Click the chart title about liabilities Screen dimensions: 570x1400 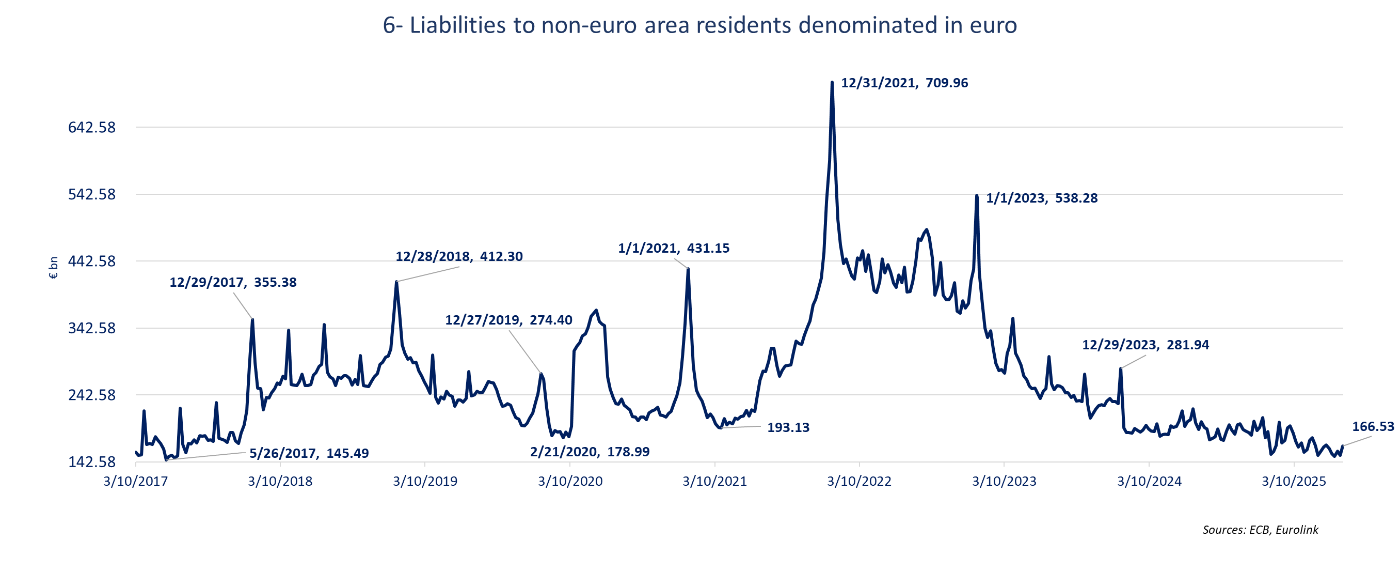pos(699,25)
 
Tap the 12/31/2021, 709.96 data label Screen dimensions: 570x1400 pos(904,83)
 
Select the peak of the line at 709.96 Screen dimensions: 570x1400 pos(832,83)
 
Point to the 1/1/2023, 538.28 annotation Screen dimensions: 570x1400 pos(1041,198)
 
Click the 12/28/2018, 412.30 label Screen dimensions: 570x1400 pos(459,257)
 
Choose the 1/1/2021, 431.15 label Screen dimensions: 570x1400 pos(673,249)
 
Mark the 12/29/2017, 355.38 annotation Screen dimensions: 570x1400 pos(233,283)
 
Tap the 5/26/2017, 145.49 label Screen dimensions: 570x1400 pos(309,454)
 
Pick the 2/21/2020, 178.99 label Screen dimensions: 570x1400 pos(590,452)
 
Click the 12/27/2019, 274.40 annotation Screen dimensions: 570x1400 pos(508,320)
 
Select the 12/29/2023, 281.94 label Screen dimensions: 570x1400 pos(1145,345)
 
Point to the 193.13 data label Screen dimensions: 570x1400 pos(788,428)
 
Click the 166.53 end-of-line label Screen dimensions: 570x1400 pos(1373,427)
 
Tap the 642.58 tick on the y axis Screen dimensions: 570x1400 pos(92,128)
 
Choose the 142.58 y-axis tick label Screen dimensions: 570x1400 pos(92,463)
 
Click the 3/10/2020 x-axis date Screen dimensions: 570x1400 pos(570,481)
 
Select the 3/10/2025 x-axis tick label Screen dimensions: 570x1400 pos(1294,481)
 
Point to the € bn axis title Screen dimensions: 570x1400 pos(53,268)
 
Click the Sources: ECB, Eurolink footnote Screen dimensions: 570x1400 pos(1260,530)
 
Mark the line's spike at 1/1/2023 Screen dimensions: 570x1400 pos(977,196)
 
